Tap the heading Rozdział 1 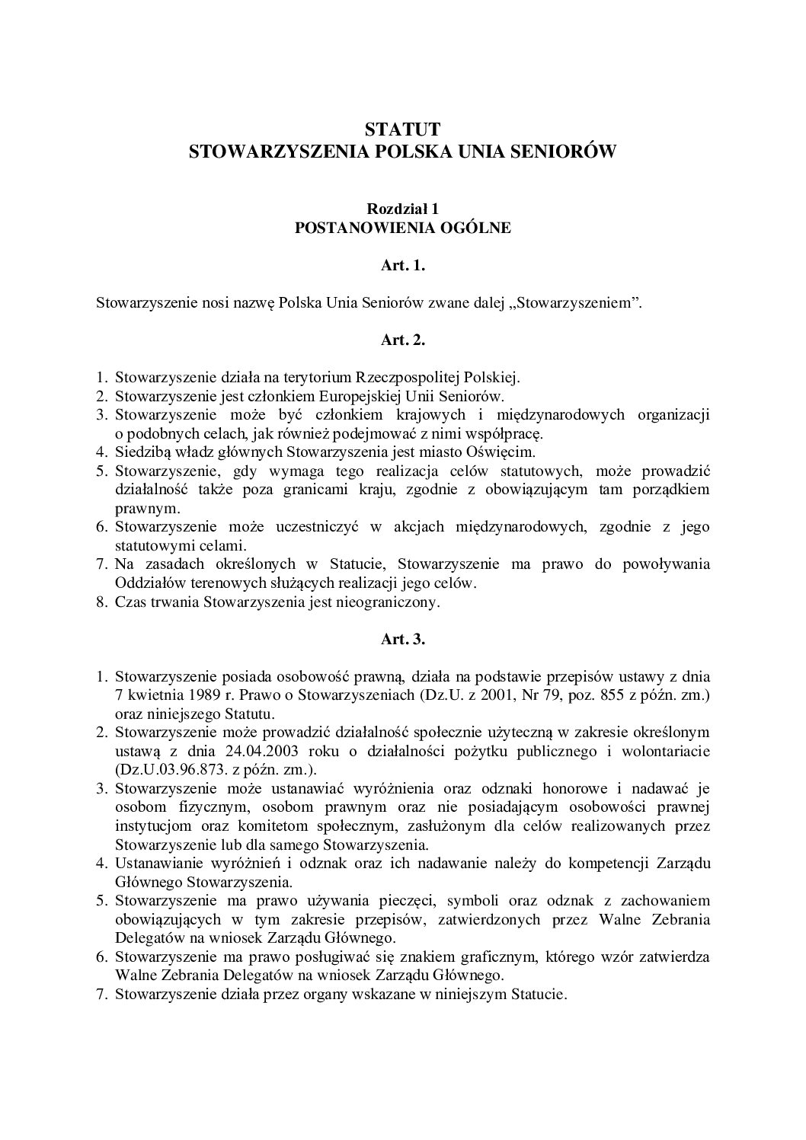click(x=402, y=208)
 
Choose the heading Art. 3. click(x=402, y=640)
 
